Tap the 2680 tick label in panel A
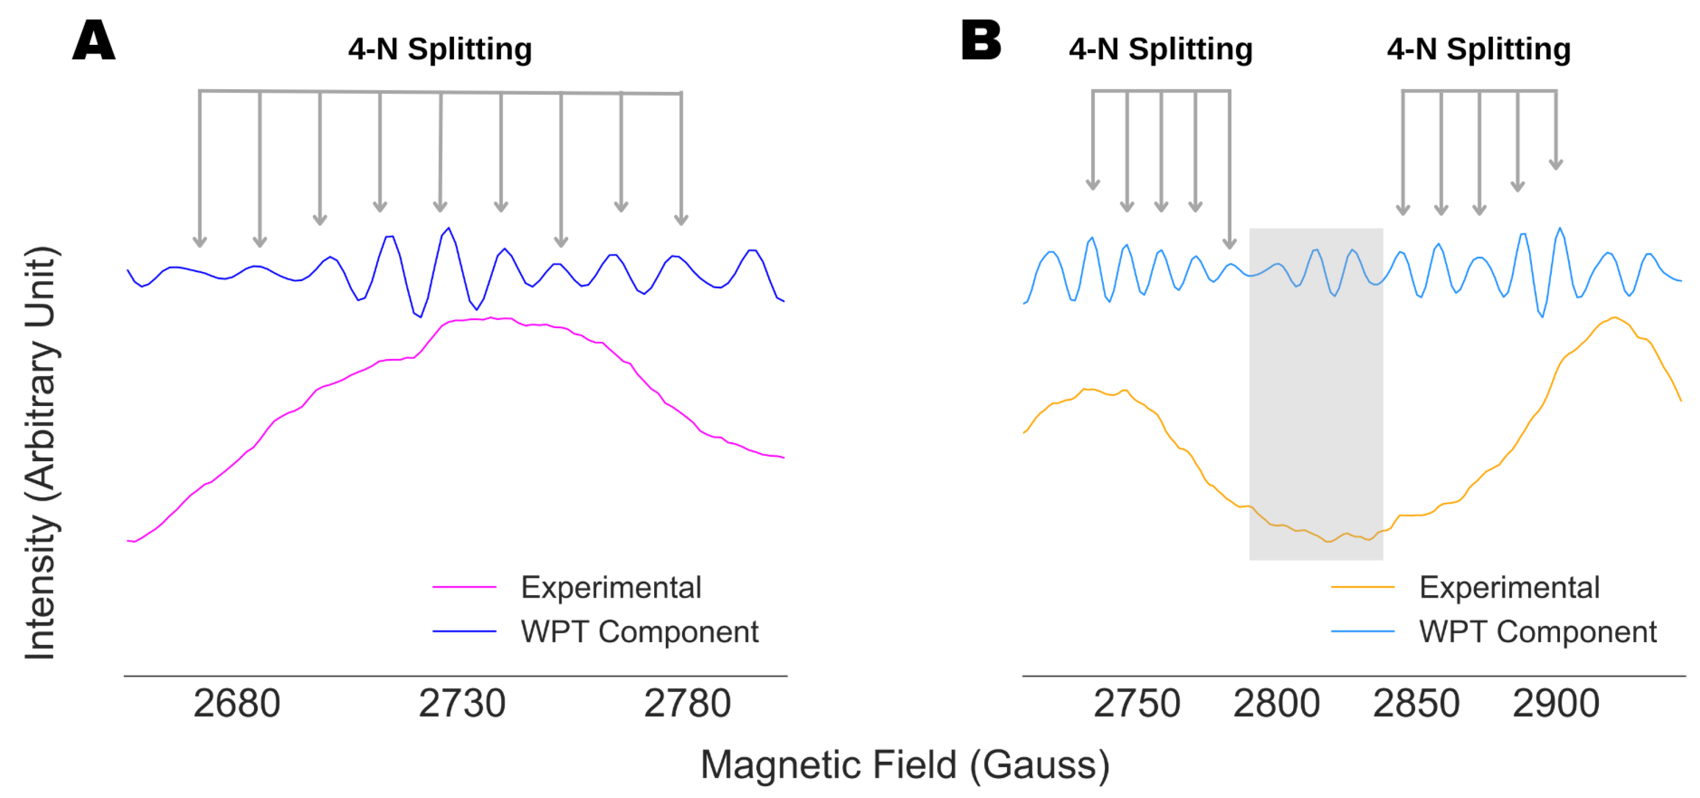pyautogui.click(x=236, y=703)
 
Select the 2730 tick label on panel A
pyautogui.click(x=462, y=703)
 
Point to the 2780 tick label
pyautogui.click(x=687, y=703)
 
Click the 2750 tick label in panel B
pyautogui.click(x=1136, y=703)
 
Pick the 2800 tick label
pyautogui.click(x=1276, y=703)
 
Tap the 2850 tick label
pyautogui.click(x=1416, y=703)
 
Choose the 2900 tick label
pyautogui.click(x=1556, y=703)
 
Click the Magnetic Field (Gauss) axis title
pyautogui.click(x=905, y=765)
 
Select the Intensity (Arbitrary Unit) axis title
pyautogui.click(x=41, y=453)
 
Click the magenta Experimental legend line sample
pyautogui.click(x=464, y=587)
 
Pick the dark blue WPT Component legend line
pyautogui.click(x=464, y=631)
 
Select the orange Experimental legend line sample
pyautogui.click(x=1362, y=587)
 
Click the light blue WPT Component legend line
pyautogui.click(x=1362, y=631)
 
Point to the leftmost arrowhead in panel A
pyautogui.click(x=200, y=242)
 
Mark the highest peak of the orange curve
pyautogui.click(x=1614, y=318)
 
